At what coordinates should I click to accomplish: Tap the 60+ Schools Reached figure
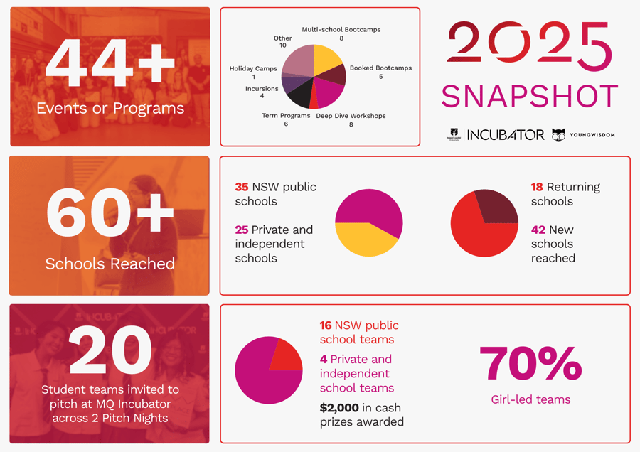[110, 212]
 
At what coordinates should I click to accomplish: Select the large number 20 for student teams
[110, 350]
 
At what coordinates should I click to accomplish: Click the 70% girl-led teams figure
[530, 363]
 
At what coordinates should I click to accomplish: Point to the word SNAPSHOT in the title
[530, 97]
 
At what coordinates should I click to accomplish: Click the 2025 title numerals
[530, 46]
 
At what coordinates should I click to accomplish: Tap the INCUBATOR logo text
[506, 135]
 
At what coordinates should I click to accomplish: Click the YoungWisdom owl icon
[559, 135]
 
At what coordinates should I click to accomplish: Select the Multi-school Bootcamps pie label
[341, 30]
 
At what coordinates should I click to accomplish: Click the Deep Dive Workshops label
[351, 116]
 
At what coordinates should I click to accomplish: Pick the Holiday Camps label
[253, 69]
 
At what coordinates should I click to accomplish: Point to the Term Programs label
[286, 115]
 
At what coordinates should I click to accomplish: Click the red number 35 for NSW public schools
[242, 187]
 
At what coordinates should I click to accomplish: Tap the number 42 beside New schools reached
[538, 230]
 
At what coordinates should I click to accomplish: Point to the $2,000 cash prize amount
[340, 408]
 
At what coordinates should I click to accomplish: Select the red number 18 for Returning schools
[537, 187]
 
